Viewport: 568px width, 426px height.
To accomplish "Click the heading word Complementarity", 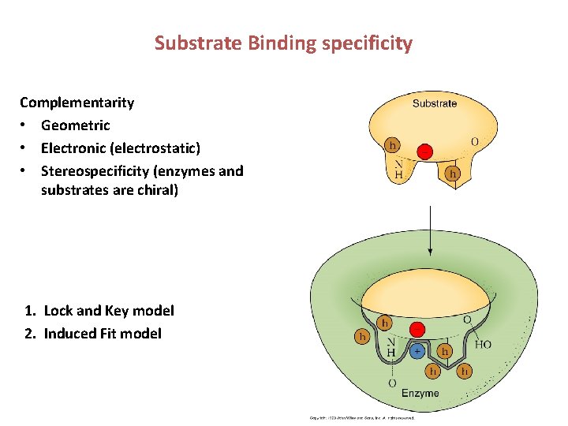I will pyautogui.click(x=77, y=103).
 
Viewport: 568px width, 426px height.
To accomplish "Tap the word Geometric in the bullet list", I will pyautogui.click(x=75, y=125).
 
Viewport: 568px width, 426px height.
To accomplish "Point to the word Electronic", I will pyautogui.click(x=75, y=148).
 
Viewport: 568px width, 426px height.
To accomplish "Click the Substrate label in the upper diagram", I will pyautogui.click(x=434, y=103).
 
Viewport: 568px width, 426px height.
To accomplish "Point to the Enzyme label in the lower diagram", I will pyautogui.click(x=420, y=393).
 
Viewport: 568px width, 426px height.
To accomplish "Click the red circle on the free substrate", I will pyautogui.click(x=424, y=151).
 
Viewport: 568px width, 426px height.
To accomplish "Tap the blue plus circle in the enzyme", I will pyautogui.click(x=417, y=351).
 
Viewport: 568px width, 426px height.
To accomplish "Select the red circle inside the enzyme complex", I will pyautogui.click(x=418, y=330).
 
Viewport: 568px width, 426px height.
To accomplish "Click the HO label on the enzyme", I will pyautogui.click(x=483, y=345).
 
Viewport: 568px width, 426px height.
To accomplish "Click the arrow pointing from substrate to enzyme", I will pyautogui.click(x=429, y=229).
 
